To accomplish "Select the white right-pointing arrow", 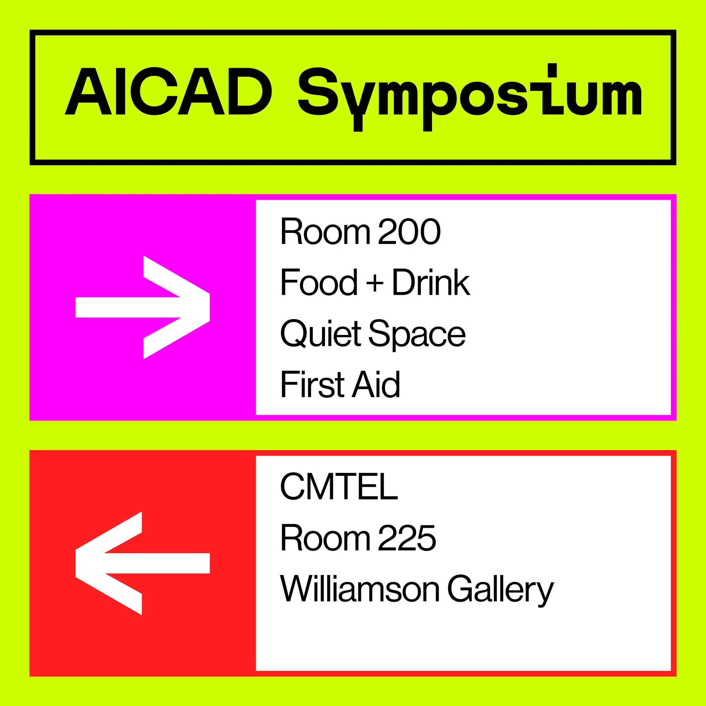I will tap(143, 307).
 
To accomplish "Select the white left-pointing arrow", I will tap(143, 563).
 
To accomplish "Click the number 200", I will tap(409, 232).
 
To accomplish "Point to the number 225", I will tap(407, 538).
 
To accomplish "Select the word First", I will tap(312, 384).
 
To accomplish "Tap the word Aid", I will tap(376, 384).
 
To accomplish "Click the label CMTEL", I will tap(339, 487).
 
